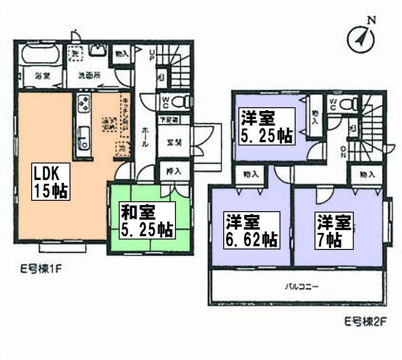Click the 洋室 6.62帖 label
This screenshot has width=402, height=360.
coord(251,230)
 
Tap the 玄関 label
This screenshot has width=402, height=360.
coord(171,141)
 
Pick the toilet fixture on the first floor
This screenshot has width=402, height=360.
coord(180,101)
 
